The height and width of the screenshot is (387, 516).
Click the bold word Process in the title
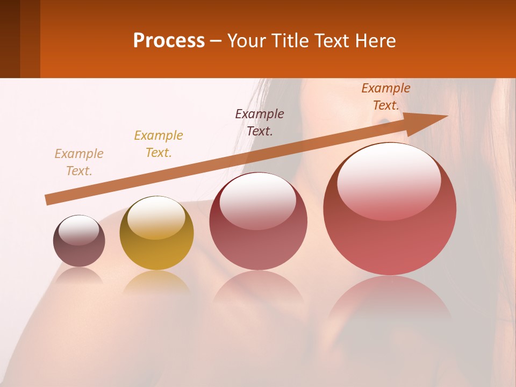(169, 41)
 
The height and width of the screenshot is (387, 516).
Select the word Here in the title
(375, 41)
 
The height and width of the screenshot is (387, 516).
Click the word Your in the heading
(246, 41)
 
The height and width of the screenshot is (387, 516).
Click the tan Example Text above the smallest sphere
(79, 162)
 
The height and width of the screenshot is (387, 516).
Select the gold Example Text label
(159, 144)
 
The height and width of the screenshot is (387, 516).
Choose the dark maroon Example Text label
(260, 123)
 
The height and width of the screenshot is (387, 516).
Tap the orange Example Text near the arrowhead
(386, 97)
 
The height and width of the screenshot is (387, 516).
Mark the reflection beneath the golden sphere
(156, 282)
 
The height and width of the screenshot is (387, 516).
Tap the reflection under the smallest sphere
(79, 276)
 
